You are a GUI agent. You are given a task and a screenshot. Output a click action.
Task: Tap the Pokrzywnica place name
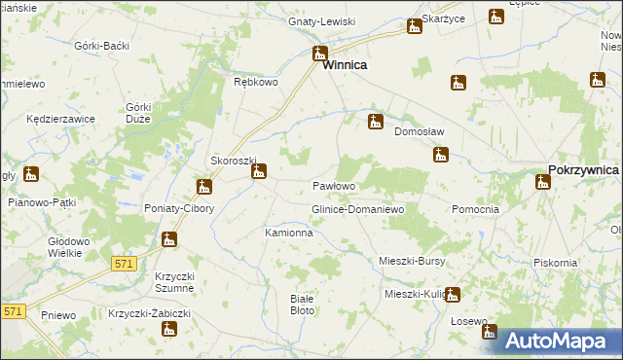[x=583, y=169]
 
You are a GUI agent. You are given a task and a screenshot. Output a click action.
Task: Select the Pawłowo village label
[x=333, y=186]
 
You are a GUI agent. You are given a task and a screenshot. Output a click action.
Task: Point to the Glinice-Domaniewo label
[x=356, y=209]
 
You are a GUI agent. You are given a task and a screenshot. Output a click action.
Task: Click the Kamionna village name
[x=289, y=234]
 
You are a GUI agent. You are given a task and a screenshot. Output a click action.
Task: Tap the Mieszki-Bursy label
[x=411, y=261]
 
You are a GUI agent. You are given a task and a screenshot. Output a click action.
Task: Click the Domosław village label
[x=419, y=133]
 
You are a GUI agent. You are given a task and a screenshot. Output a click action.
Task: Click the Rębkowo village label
[x=257, y=83]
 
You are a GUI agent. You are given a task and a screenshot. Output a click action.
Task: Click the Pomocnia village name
[x=476, y=209]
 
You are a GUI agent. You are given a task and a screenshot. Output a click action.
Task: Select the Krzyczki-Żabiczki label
[x=148, y=312]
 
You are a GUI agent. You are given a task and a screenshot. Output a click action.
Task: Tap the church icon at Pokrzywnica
[x=542, y=182]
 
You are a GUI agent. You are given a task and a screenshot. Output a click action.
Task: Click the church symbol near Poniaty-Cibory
[x=203, y=186]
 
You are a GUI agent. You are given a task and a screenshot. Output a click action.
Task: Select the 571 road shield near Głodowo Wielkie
[x=124, y=263]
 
